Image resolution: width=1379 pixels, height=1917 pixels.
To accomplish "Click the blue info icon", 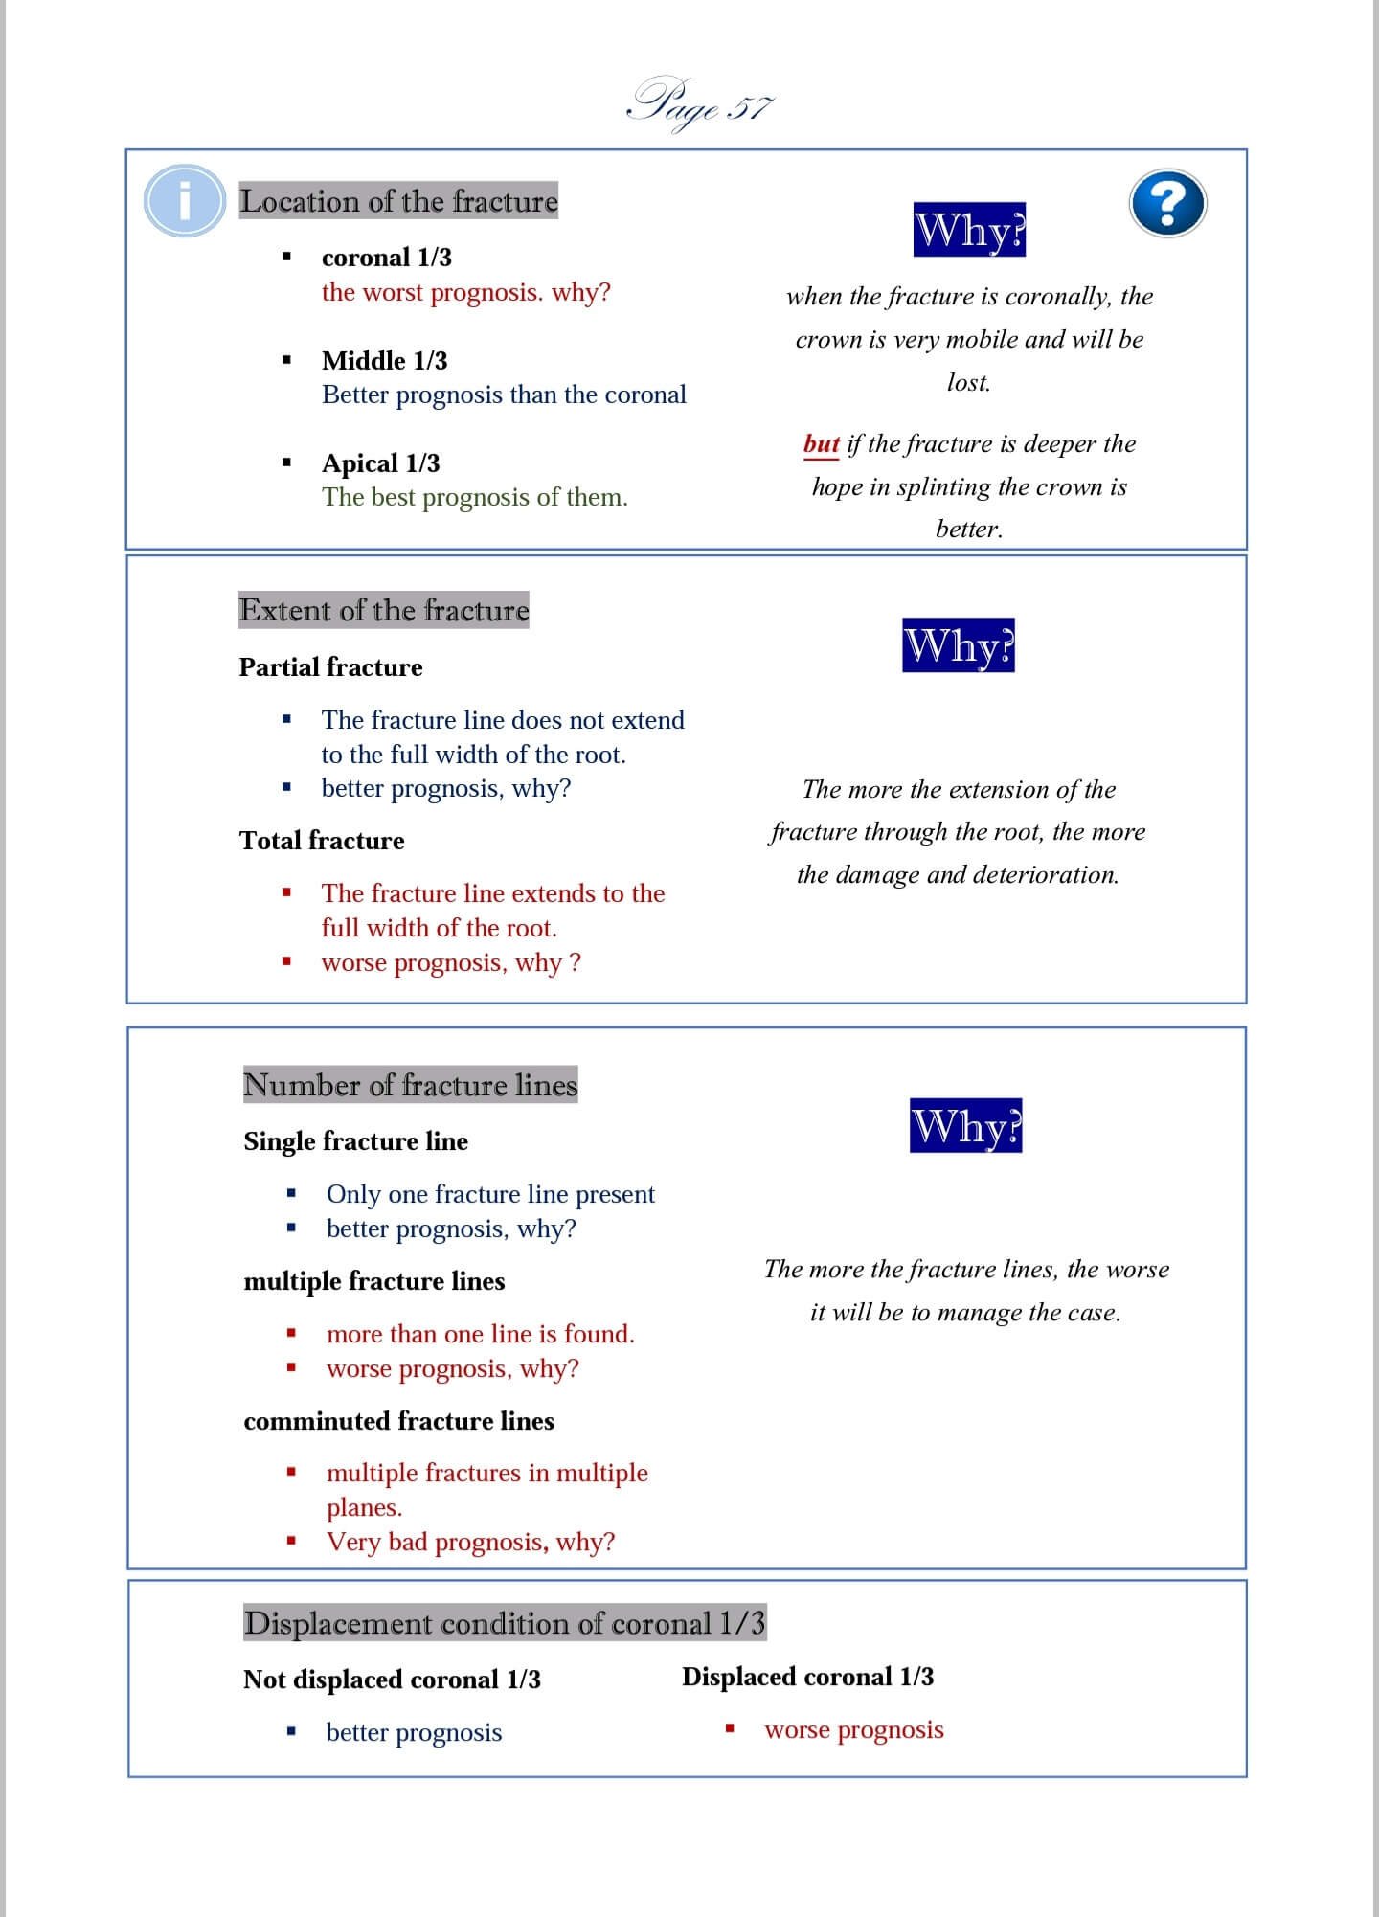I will coord(185,201).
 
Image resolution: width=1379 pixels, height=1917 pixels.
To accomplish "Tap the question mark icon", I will coord(1167,203).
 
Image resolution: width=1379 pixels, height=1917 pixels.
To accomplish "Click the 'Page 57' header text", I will coord(700,105).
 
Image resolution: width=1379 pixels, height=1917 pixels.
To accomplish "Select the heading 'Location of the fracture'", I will coord(398,201).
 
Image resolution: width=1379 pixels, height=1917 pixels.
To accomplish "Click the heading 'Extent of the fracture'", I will coord(384,610).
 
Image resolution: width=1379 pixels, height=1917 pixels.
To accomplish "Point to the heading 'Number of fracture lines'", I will coord(411,1085).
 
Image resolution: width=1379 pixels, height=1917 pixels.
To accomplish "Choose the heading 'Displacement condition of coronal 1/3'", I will coord(505,1623).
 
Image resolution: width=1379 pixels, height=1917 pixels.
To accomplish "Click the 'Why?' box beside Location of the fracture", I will coord(969,230).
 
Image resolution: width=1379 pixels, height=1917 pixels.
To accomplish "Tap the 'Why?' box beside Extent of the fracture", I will coord(959,645).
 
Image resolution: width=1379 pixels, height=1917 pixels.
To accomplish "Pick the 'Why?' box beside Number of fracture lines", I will coord(965,1126).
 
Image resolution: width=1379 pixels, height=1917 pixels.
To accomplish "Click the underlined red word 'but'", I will coord(821,443).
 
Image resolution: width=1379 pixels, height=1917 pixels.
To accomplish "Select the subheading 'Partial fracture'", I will coord(330,667).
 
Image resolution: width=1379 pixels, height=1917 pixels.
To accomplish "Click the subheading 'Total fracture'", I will coord(322,841).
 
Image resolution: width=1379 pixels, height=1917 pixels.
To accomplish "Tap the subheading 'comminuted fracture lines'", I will coord(398,1421).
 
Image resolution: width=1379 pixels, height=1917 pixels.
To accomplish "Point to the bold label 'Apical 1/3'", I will coord(380,463).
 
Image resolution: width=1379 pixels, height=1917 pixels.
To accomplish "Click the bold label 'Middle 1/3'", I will coord(384,361).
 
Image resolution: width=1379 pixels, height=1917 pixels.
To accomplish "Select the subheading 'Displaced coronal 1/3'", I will coord(807,1677).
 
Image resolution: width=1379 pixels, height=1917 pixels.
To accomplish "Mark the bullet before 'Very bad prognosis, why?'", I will coord(291,1542).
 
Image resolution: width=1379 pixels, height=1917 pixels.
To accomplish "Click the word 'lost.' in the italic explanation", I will coord(968,382).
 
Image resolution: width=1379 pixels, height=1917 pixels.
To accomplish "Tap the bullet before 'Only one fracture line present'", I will coord(291,1194).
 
